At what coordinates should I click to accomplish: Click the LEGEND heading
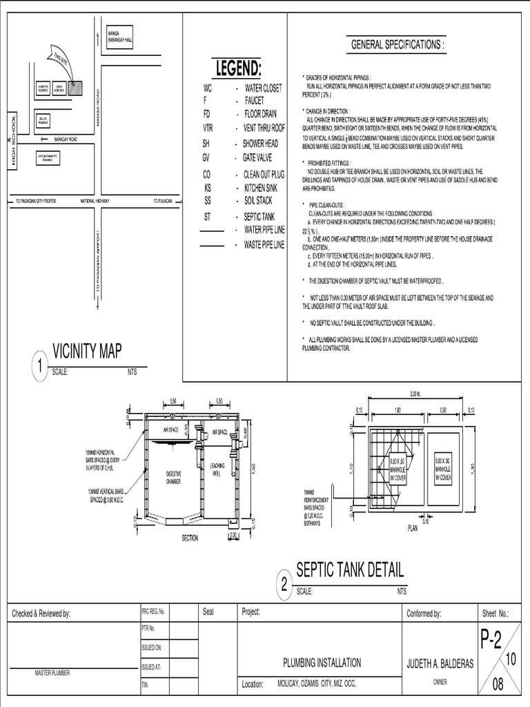tap(239, 68)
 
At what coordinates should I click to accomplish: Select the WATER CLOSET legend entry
tap(263, 88)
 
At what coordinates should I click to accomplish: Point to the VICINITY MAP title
tap(87, 351)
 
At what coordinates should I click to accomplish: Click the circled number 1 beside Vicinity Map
tap(41, 366)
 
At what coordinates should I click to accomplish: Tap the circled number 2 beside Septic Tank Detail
tap(284, 585)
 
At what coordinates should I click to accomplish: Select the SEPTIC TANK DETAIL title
tap(350, 570)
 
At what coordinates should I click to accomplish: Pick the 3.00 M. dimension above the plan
tap(415, 394)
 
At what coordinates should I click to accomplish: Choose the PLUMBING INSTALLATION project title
tap(322, 663)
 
